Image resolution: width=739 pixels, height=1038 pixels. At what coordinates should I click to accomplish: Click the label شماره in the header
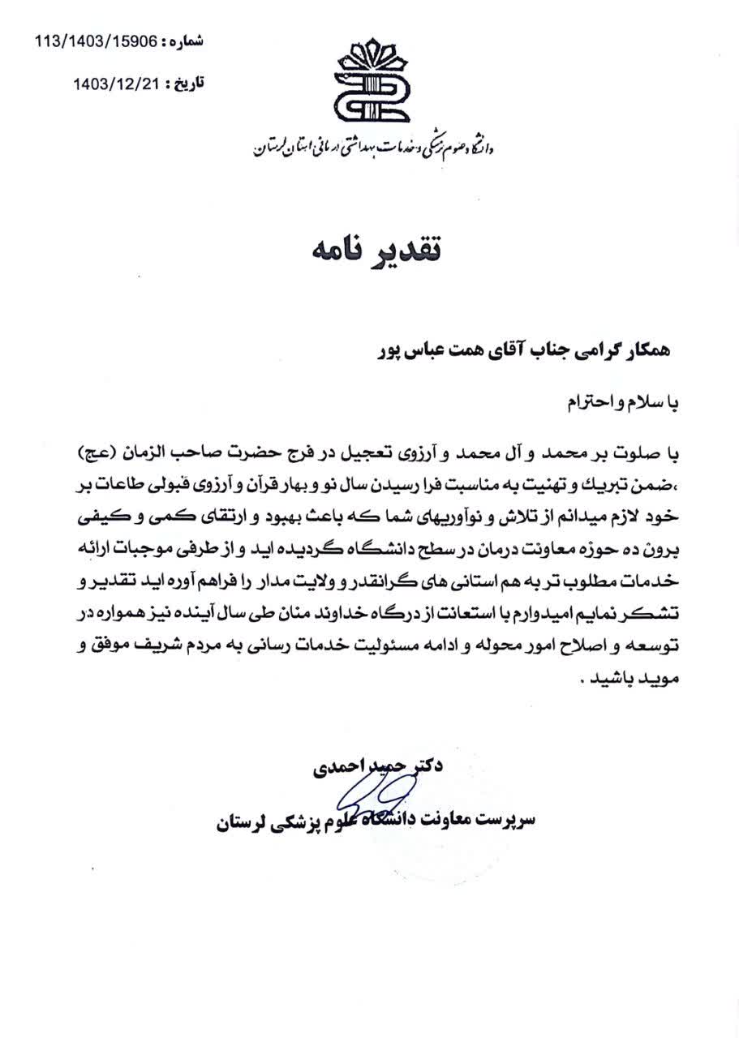pyautogui.click(x=186, y=41)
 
